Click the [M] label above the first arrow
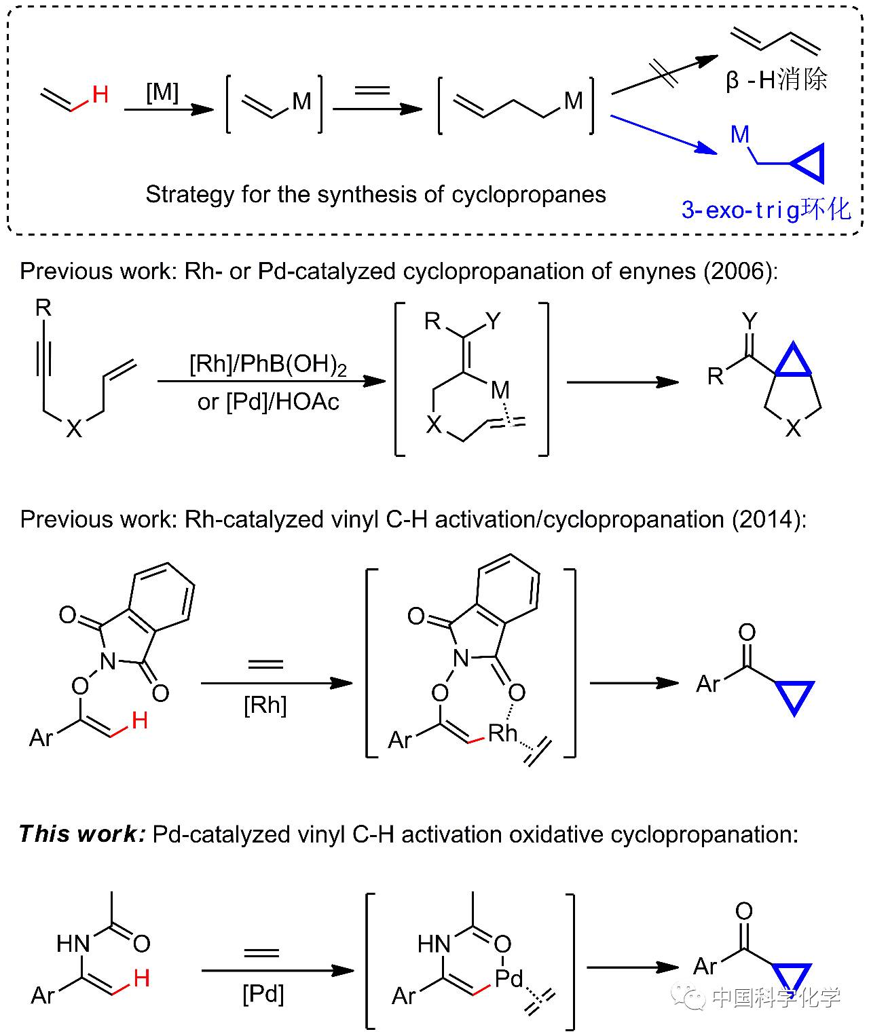coord(162,91)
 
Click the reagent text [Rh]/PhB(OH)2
coord(268,365)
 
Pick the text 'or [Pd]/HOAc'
coord(268,402)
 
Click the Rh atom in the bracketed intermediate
coord(502,733)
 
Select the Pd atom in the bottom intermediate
coord(509,978)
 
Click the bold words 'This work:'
coord(81,834)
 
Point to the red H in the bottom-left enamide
coord(142,978)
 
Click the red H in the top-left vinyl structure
coord(100,94)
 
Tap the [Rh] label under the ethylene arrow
coord(265,705)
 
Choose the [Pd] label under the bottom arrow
coord(263,995)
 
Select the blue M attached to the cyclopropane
coord(740,134)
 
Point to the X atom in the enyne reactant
coord(74,428)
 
